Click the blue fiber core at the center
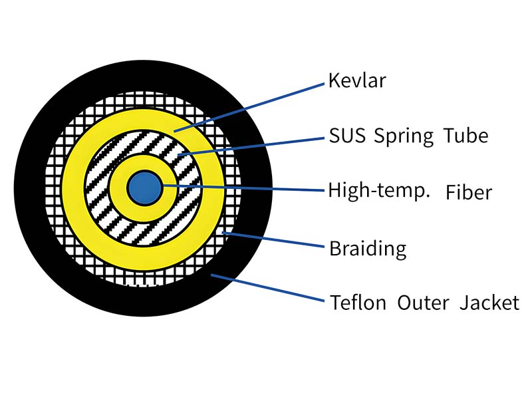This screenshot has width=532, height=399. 144,188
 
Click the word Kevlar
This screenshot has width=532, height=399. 357,80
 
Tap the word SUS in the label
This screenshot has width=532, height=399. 347,135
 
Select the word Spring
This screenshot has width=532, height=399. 404,136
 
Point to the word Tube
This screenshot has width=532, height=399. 466,135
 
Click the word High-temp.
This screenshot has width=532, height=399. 379,190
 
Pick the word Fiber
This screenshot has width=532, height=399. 469,192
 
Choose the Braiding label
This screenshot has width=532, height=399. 368,249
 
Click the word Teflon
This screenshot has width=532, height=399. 358,303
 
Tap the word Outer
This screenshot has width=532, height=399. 423,303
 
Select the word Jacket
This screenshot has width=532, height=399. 489,303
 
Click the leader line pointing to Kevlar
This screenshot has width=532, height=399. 249,107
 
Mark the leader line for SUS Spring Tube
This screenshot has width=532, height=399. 251,146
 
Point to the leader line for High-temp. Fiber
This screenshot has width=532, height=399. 243,188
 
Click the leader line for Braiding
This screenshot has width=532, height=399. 273,239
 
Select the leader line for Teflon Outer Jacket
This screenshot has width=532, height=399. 268,288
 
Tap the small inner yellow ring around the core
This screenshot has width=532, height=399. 118,188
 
